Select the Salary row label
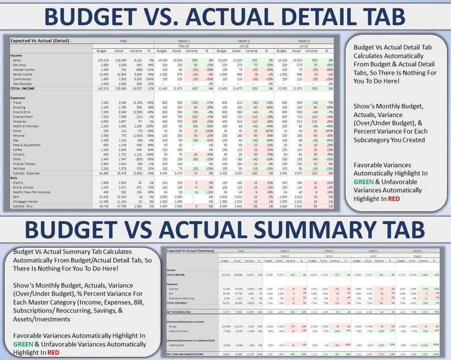(x=18, y=60)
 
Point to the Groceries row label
(x=21, y=121)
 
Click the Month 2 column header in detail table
(x=243, y=41)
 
